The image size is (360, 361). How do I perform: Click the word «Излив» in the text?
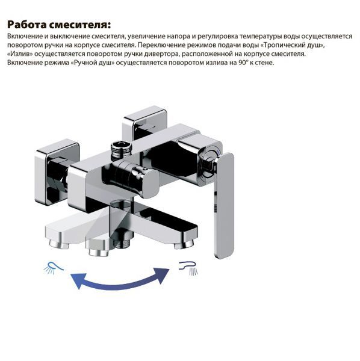20,54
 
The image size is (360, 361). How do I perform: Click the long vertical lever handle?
224,205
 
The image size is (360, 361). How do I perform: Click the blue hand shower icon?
54,268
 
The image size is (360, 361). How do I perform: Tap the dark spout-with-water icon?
188,268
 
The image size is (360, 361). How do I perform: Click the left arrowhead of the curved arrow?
78,280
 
